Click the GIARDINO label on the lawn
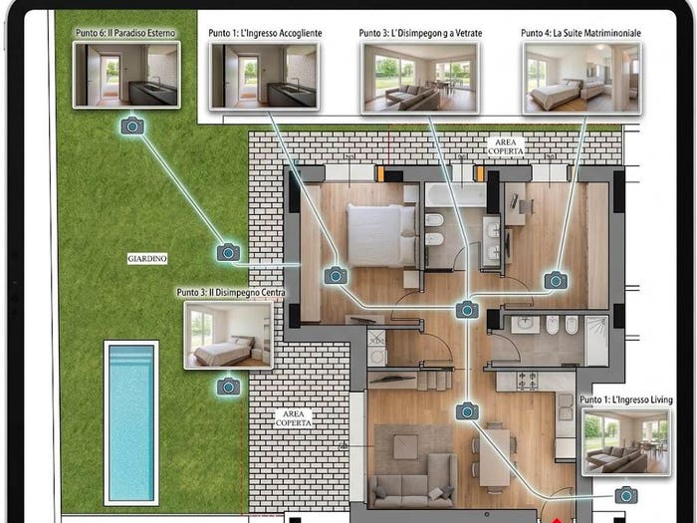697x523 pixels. pos(147,258)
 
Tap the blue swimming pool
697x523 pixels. pos(131,423)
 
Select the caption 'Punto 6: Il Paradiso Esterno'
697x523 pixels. pos(125,33)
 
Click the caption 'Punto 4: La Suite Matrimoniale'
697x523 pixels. pos(581,33)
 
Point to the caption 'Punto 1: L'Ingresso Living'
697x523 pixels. pos(626,399)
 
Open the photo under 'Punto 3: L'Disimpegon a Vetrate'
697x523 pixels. pos(420,78)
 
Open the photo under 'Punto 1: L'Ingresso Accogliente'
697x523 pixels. pos(264,76)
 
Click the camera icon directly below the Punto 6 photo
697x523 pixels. pos(132,127)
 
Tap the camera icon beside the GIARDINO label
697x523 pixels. pos(228,253)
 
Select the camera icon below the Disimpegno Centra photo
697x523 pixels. pos(228,387)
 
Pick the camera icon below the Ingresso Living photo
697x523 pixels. pos(626,495)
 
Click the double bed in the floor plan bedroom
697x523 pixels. pos(381,235)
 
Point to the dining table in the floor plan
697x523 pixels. pos(494,457)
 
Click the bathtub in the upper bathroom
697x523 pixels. pos(456,195)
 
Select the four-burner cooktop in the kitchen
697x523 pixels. pos(527,382)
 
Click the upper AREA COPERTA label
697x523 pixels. pos(506,146)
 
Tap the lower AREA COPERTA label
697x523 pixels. pos(294,418)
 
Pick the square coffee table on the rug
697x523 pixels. pos(405,447)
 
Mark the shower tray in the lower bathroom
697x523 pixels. pos(596,341)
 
